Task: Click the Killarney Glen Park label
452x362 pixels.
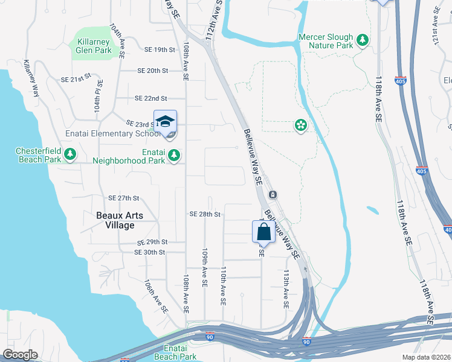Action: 93,46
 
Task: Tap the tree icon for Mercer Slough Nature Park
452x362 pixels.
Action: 363,40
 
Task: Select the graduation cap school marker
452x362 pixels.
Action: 165,121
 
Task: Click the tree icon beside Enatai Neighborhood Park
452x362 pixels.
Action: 174,156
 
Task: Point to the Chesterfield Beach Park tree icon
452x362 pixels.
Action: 70,154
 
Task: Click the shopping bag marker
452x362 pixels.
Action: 263,232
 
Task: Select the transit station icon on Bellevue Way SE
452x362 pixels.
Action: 273,194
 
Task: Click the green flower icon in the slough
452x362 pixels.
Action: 300,125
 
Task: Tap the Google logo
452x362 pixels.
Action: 20,355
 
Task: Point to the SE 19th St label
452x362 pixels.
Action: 160,49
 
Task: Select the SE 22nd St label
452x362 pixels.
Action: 150,98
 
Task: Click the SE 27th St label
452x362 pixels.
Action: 123,198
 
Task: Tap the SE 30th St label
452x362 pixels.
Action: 150,252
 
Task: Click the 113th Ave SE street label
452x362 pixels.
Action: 286,288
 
